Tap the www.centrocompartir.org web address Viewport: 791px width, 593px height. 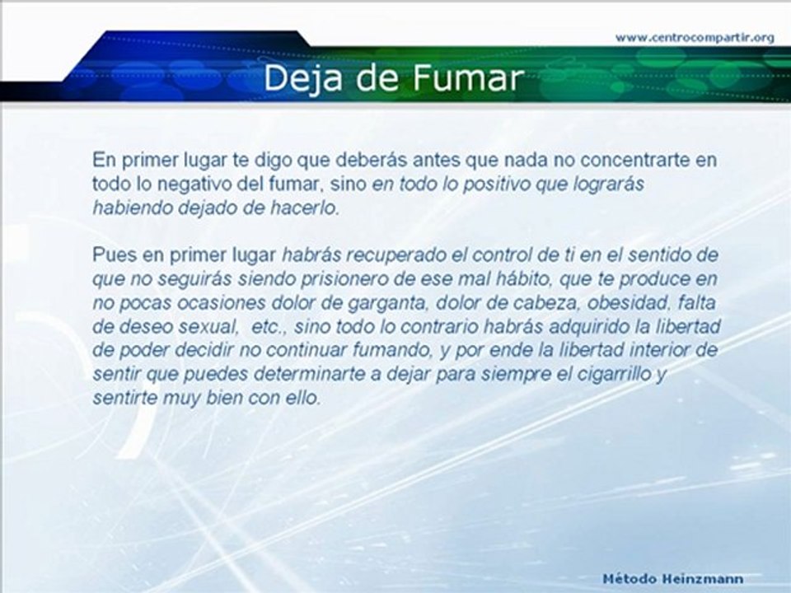click(x=695, y=37)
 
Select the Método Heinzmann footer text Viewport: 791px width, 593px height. click(x=673, y=579)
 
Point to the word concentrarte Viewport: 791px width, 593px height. click(x=646, y=160)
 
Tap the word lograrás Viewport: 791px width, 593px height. click(x=615, y=184)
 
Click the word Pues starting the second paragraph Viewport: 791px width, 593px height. click(x=110, y=253)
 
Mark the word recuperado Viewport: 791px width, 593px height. click(x=391, y=253)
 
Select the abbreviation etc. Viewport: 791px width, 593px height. click(x=270, y=326)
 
